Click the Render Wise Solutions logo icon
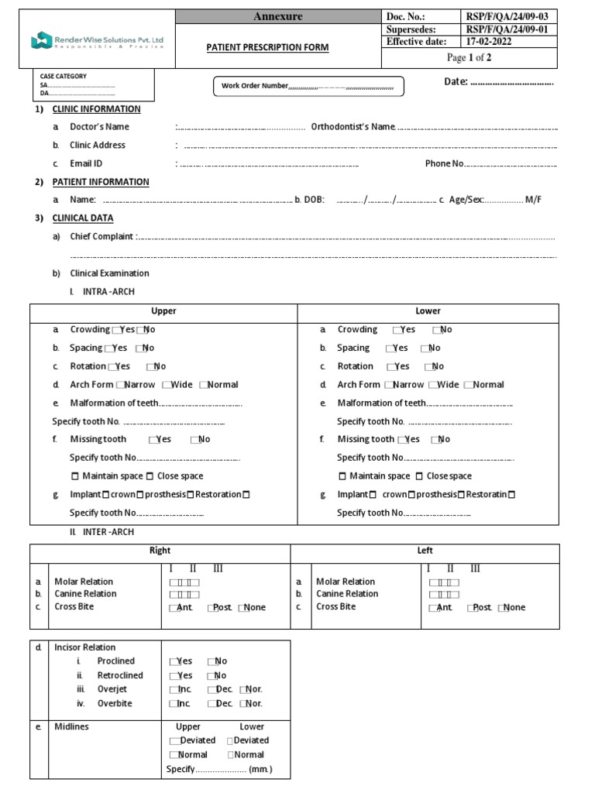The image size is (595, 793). [41, 39]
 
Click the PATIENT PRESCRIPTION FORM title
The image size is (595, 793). [267, 48]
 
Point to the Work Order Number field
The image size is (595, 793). [308, 86]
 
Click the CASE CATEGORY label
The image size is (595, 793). [64, 76]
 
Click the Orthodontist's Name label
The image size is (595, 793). [353, 127]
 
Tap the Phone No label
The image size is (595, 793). [444, 163]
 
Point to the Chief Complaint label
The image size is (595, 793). [102, 237]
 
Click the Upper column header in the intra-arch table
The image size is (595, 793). [163, 311]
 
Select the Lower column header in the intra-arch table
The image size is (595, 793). [428, 311]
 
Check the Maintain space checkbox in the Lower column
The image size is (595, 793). [343, 476]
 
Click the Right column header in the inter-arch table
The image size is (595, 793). [160, 551]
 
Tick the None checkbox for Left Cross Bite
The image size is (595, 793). [501, 608]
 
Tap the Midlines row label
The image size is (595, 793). [72, 727]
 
